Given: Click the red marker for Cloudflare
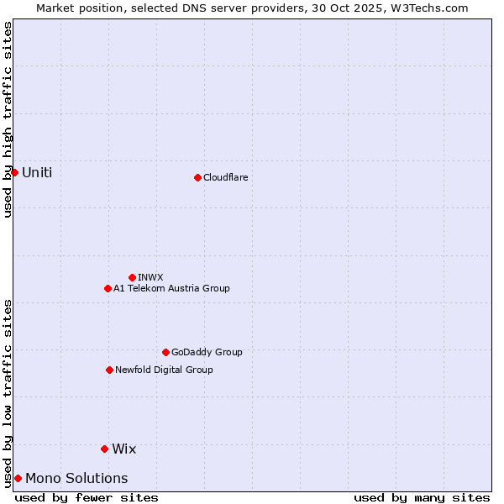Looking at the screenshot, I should [x=197, y=177].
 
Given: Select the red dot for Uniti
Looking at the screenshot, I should [x=14, y=172].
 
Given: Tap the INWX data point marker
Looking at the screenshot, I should [x=132, y=277].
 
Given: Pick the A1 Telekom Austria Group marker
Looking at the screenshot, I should [x=108, y=288].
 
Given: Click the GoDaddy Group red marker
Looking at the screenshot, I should [x=165, y=352].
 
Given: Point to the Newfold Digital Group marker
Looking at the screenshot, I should [x=109, y=370].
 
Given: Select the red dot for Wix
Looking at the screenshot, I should [x=104, y=449].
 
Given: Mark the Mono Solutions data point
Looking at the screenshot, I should [x=18, y=478].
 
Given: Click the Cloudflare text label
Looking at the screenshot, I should [x=225, y=177].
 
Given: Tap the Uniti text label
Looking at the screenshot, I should [x=37, y=172].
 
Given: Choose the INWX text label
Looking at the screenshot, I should [x=150, y=277].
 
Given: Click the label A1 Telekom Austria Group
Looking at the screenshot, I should [x=171, y=288].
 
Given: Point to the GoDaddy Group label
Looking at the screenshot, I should [x=207, y=352].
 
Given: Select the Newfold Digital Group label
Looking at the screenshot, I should [x=164, y=370].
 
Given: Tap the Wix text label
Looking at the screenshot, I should [x=123, y=449].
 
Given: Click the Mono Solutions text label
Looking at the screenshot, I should [x=76, y=478].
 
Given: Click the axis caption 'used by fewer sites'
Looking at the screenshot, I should [x=87, y=497].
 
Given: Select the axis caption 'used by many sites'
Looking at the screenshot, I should [x=422, y=497].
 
